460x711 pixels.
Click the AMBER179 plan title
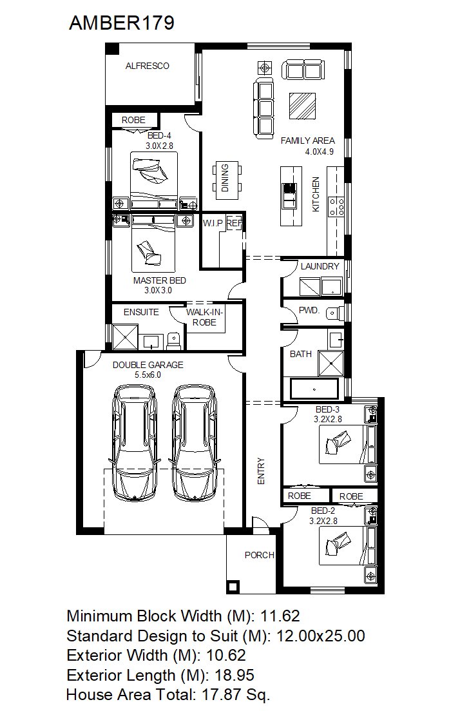point(122,23)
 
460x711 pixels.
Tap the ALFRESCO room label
point(148,66)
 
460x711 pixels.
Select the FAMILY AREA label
point(307,141)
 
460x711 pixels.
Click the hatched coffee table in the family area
point(303,106)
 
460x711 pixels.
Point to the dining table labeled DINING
point(227,177)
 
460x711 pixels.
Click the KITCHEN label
point(316,194)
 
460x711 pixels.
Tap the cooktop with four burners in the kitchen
point(337,206)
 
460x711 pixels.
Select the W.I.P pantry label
point(213,223)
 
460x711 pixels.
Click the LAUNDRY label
point(320,266)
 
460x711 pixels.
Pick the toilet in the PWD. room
point(335,313)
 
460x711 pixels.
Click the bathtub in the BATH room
point(314,389)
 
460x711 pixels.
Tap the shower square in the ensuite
point(125,336)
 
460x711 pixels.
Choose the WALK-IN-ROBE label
point(204,317)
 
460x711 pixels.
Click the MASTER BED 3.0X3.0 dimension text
point(158,290)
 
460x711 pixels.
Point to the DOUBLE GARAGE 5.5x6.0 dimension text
point(148,375)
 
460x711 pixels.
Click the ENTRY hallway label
point(261,471)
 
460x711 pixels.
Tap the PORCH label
point(259,555)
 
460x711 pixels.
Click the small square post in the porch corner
point(233,587)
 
